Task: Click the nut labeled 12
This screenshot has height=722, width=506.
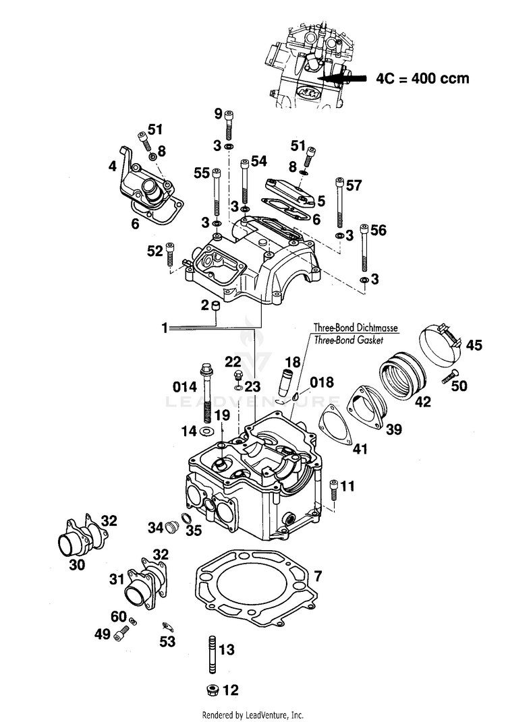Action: click(213, 690)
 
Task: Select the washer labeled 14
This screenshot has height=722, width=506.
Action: click(206, 431)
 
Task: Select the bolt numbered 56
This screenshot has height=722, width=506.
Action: click(364, 247)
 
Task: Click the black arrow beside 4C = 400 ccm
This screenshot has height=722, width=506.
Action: click(342, 78)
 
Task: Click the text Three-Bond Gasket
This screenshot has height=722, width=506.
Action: click(348, 340)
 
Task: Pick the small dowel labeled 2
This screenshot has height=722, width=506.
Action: click(216, 306)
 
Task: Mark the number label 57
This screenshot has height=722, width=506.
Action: click(354, 185)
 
